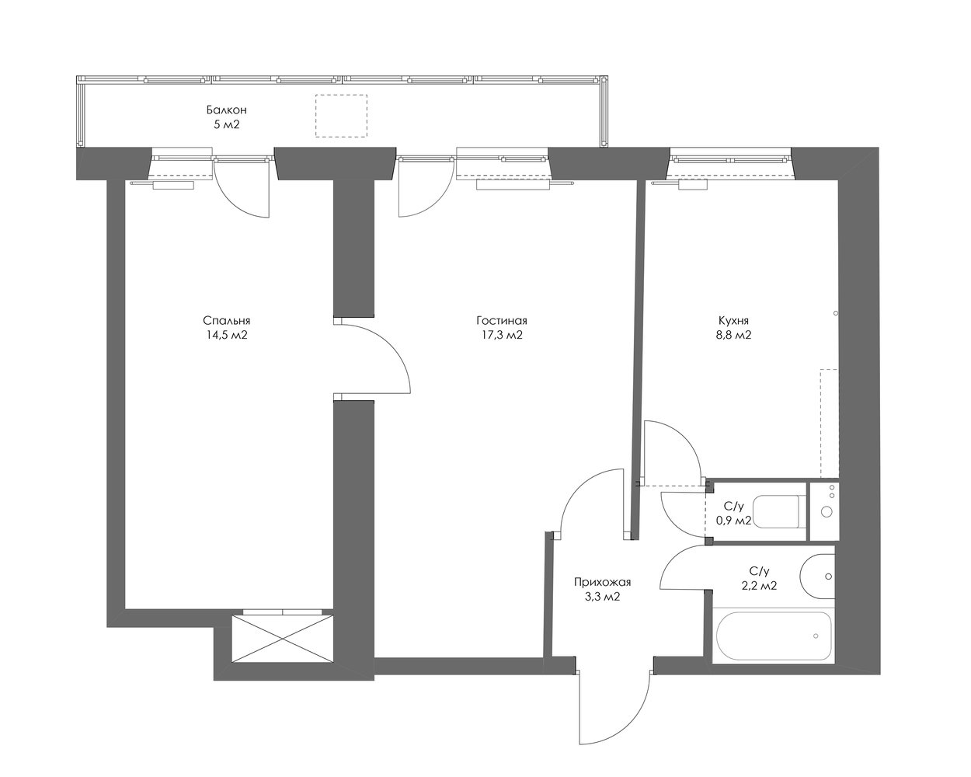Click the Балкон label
pyautogui.click(x=227, y=110)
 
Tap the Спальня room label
pyautogui.click(x=227, y=321)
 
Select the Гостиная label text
pyautogui.click(x=502, y=321)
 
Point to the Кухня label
pyautogui.click(x=733, y=321)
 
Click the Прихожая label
pyautogui.click(x=602, y=583)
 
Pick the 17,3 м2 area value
pyautogui.click(x=502, y=335)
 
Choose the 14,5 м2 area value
pyautogui.click(x=227, y=335)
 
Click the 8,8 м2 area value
pyautogui.click(x=733, y=335)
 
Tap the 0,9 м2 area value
pyautogui.click(x=733, y=521)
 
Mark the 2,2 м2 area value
pyautogui.click(x=760, y=586)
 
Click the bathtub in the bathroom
pyautogui.click(x=774, y=636)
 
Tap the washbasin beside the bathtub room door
pyautogui.click(x=817, y=576)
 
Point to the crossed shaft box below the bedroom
pyautogui.click(x=283, y=639)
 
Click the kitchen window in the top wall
pyautogui.click(x=731, y=159)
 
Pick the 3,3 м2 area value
pyautogui.click(x=602, y=597)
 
